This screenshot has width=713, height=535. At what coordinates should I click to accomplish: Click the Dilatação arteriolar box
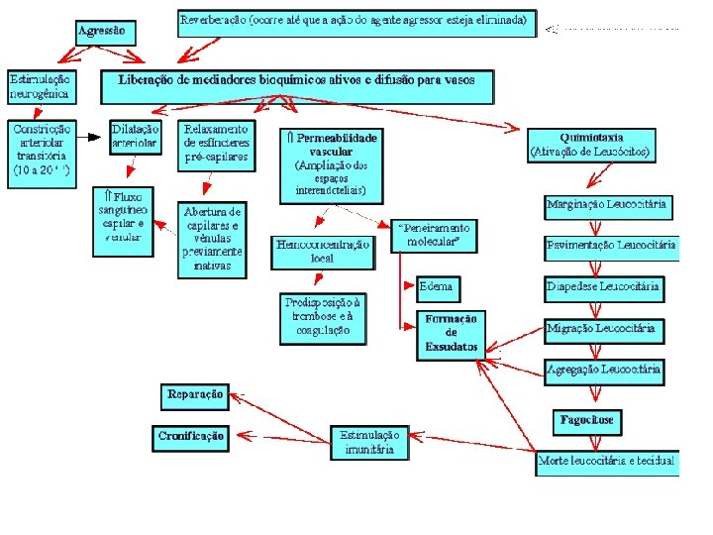(135, 137)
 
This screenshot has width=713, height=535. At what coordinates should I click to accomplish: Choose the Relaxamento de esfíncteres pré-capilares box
(217, 145)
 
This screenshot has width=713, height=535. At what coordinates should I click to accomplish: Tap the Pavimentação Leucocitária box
(612, 245)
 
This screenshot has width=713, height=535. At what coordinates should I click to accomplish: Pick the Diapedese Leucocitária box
(604, 288)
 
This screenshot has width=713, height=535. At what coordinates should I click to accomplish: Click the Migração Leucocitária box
(604, 329)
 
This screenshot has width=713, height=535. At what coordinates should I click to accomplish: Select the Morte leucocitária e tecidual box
(607, 462)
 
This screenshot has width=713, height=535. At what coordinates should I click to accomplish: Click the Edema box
(436, 287)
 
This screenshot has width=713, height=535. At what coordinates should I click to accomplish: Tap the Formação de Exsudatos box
(452, 334)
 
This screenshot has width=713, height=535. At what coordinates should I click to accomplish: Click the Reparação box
(195, 395)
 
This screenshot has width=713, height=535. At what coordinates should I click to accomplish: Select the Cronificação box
(191, 436)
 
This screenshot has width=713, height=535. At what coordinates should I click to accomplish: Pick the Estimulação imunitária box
(369, 442)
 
